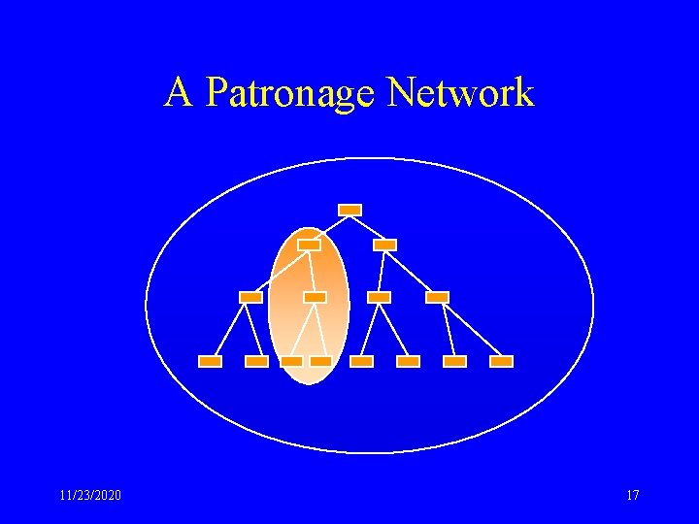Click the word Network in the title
[460, 93]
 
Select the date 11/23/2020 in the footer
[90, 496]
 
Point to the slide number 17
[633, 496]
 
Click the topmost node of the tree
[350, 210]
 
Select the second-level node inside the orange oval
[309, 245]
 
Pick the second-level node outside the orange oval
[385, 245]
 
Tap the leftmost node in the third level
[250, 297]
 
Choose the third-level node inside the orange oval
[315, 297]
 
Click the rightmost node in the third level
[438, 297]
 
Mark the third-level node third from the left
[380, 297]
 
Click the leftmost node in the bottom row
[210, 361]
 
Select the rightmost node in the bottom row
[501, 361]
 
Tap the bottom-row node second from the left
[256, 361]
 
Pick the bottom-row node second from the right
[454, 361]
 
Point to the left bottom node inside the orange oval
[291, 361]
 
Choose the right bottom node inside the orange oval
[320, 361]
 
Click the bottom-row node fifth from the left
[361, 361]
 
